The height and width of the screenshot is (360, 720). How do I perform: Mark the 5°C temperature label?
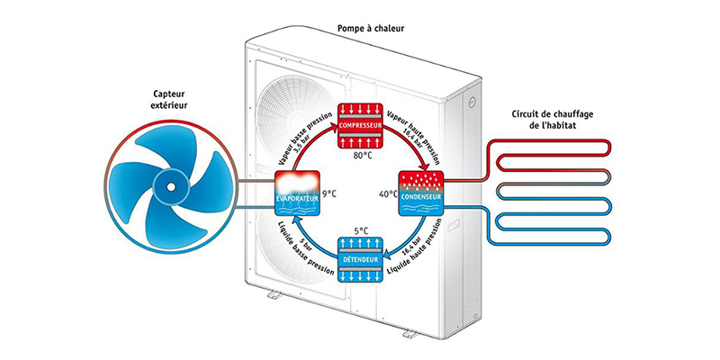coord(360,230)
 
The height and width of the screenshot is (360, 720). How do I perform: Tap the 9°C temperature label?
coord(328,193)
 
